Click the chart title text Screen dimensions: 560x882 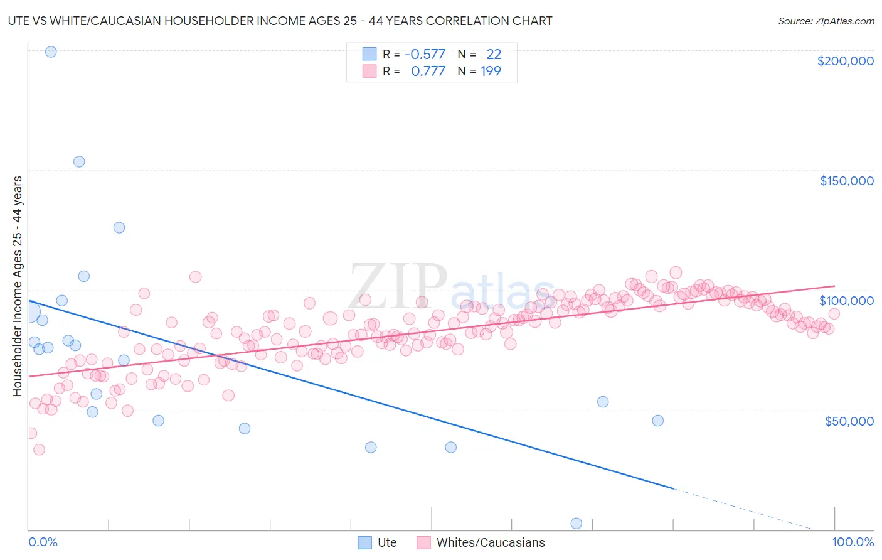tap(280, 21)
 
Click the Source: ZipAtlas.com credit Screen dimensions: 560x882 tap(826, 21)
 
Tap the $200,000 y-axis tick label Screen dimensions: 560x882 tap(845, 61)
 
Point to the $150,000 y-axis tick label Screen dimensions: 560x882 tap(846, 181)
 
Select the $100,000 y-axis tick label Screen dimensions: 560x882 tap(846, 301)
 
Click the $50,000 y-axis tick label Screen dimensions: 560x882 tap(849, 421)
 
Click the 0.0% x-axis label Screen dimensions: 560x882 tap(43, 542)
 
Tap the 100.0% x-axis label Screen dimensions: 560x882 tap(853, 542)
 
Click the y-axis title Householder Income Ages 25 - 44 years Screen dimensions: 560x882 tap(18, 286)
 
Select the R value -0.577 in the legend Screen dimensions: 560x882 tap(425, 54)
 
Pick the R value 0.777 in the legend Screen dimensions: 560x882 tap(428, 71)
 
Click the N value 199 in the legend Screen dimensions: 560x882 tap(491, 71)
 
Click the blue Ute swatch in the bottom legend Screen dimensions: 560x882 tap(364, 542)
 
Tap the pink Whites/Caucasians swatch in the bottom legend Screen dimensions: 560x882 tap(423, 542)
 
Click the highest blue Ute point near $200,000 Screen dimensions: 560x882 tap(51, 51)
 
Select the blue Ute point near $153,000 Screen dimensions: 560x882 tap(79, 161)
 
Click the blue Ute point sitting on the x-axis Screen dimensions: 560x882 tap(576, 523)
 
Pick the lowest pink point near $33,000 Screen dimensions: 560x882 tap(39, 450)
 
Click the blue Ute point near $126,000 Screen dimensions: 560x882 tap(119, 227)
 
